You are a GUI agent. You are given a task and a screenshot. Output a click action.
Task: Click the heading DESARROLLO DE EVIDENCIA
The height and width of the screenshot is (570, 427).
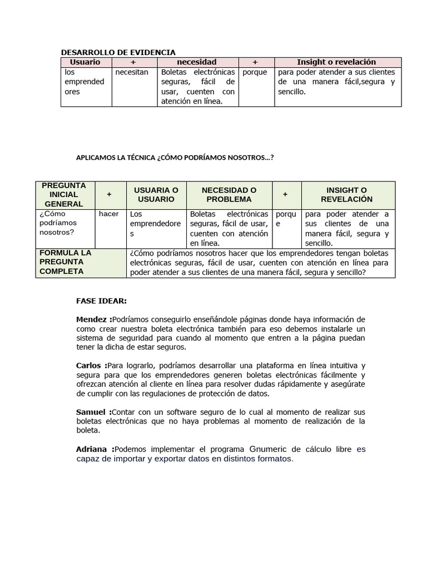tap(118, 52)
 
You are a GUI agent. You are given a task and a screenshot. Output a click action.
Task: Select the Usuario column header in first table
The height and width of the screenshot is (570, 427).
tap(86, 62)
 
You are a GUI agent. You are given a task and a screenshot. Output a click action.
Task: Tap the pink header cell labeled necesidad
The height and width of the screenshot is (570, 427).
tap(196, 62)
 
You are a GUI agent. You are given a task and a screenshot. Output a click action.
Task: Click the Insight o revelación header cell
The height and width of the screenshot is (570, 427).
tap(336, 62)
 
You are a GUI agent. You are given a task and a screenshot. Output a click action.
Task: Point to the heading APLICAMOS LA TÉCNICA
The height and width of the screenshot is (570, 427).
tap(175, 158)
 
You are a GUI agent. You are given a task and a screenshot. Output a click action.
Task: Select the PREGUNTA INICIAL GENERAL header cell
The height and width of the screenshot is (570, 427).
tap(65, 194)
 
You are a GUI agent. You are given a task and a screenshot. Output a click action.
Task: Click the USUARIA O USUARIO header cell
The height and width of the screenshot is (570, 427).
tap(156, 194)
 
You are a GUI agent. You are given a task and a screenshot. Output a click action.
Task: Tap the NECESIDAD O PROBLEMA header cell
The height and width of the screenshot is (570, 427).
tap(229, 194)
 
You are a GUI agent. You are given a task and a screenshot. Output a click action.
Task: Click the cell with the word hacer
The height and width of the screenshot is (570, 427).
tap(108, 214)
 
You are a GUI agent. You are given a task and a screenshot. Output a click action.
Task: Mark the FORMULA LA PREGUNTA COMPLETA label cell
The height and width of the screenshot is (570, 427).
tap(66, 262)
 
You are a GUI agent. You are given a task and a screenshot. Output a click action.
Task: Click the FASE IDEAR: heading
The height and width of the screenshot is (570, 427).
tap(101, 301)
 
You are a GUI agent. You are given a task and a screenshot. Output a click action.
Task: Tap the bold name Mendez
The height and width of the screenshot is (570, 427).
tap(92, 320)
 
